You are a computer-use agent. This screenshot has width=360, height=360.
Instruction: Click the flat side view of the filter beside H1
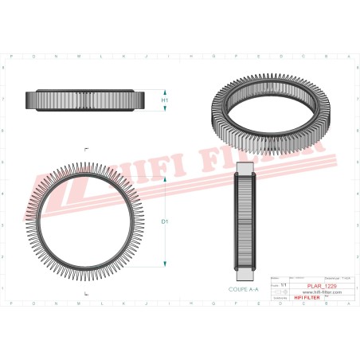point(86,100)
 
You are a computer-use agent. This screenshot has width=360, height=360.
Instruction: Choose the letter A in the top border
point(348,58)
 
